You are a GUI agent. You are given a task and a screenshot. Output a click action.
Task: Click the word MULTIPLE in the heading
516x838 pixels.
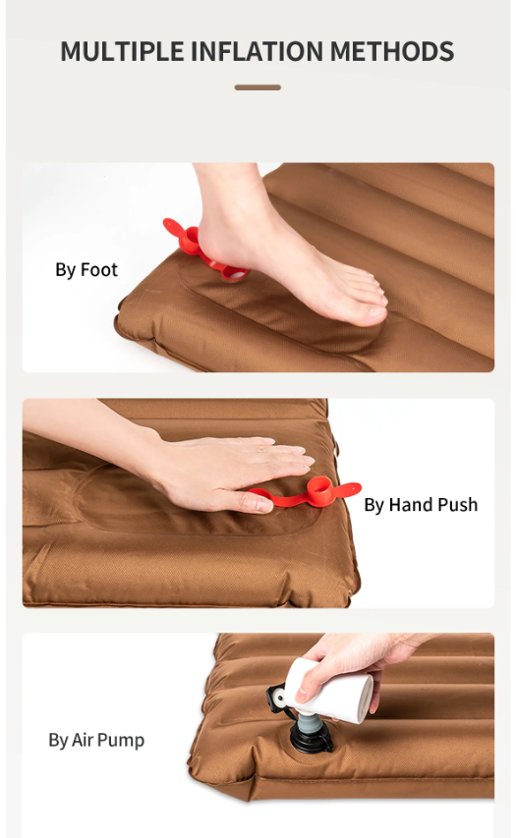click(x=122, y=51)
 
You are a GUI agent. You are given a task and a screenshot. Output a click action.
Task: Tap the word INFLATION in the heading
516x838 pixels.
click(x=258, y=51)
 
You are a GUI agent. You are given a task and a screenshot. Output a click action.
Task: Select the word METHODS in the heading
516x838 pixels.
click(x=392, y=51)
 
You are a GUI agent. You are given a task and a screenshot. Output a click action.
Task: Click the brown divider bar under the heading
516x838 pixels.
click(x=258, y=87)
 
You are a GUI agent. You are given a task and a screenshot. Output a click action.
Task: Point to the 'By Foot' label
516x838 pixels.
click(x=86, y=270)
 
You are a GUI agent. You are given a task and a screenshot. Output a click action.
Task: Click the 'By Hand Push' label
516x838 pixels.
click(x=421, y=505)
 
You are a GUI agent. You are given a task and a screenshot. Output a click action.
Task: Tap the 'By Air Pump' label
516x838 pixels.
click(x=96, y=740)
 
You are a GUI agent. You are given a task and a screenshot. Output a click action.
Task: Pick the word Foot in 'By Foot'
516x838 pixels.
click(x=99, y=269)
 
